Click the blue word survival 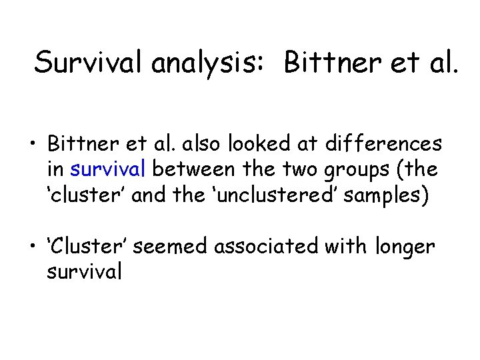[107, 169]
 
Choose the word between [193, 169]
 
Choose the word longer [405, 248]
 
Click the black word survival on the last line [84, 273]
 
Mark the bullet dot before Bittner [31, 145]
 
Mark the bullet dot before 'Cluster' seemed [31, 248]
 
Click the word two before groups [302, 169]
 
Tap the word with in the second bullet [345, 247]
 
